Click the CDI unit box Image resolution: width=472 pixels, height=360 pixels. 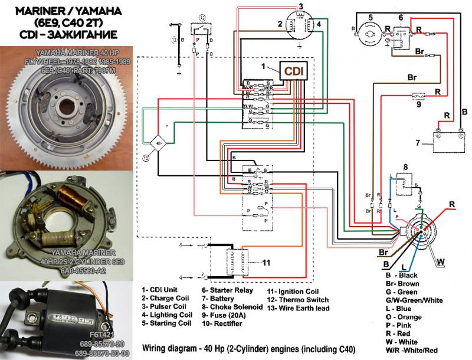[x=293, y=72]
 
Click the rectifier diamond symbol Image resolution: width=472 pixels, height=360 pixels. [x=158, y=143]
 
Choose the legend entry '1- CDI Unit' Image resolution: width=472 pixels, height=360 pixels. [x=163, y=290]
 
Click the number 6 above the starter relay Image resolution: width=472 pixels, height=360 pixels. [x=401, y=18]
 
